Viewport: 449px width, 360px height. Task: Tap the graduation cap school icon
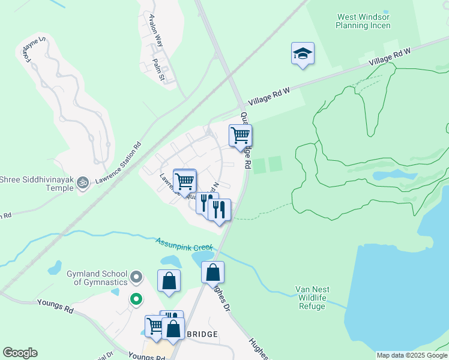pos(303,53)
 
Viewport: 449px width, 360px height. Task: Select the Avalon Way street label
pos(156,26)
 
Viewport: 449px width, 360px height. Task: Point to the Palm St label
pos(160,70)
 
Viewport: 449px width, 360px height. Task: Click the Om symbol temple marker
pos(83,181)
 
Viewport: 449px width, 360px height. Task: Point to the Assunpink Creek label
pos(184,244)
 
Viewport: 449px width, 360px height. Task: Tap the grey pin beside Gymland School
pos(136,277)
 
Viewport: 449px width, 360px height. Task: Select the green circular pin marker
pos(136,298)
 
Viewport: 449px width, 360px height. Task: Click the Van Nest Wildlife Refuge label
pos(312,298)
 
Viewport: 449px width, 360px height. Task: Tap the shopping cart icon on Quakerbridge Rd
pos(240,135)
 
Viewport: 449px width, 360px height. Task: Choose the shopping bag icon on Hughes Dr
pos(212,272)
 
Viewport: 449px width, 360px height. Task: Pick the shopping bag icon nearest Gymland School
pos(169,280)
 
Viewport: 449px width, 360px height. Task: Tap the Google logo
pos(20,353)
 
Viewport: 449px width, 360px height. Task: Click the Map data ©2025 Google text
pos(412,355)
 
